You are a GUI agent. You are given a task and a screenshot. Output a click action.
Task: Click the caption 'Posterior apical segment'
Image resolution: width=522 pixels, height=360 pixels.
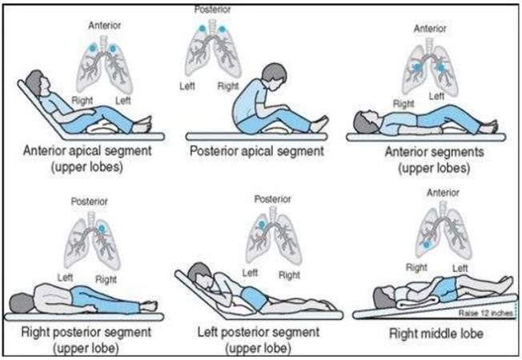click(255, 150)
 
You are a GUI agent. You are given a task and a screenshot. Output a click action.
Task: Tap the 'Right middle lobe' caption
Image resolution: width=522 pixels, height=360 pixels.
click(436, 333)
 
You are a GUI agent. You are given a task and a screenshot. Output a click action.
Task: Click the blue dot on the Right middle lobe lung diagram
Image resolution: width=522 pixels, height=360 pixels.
click(427, 241)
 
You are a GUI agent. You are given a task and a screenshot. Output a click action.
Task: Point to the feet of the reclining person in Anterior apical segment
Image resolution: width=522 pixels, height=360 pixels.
click(145, 123)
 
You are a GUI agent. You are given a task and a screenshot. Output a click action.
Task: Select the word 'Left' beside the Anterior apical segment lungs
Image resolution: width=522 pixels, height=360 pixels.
click(123, 101)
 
